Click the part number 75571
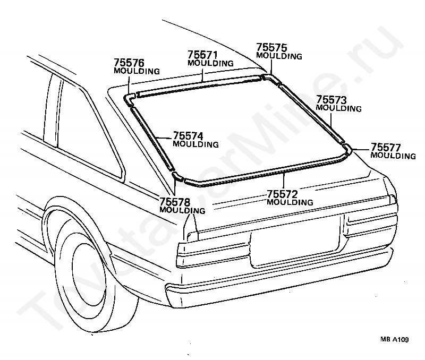tap(202, 55)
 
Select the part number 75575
tap(271, 47)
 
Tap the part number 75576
tap(129, 63)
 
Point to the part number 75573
tap(331, 100)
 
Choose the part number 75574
tap(188, 136)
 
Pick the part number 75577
tap(386, 148)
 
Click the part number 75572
tap(283, 194)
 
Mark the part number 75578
tap(175, 202)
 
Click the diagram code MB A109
tap(394, 339)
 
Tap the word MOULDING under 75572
tap(290, 202)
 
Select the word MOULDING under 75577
tap(393, 156)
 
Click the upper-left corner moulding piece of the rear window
tap(129, 99)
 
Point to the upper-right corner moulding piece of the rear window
tap(271, 78)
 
